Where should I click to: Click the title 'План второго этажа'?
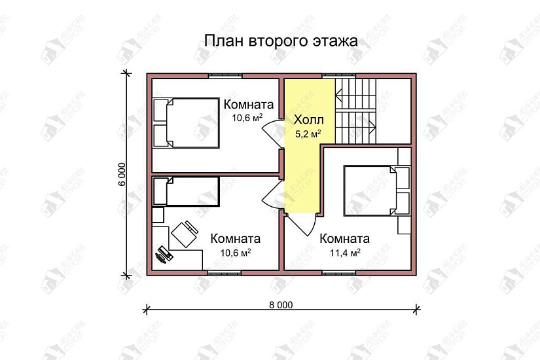pyautogui.click(x=281, y=41)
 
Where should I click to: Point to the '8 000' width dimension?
pyautogui.click(x=281, y=304)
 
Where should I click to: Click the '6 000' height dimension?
pyautogui.click(x=122, y=173)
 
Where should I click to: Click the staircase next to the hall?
pyautogui.click(x=357, y=109)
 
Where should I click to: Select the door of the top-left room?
pyautogui.click(x=272, y=133)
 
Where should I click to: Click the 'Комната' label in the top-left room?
pyautogui.click(x=248, y=104)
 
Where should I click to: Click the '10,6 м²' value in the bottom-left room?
pyautogui.click(x=236, y=253)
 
